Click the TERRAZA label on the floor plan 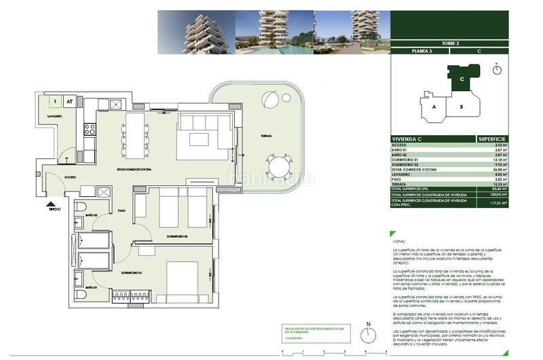(265, 136)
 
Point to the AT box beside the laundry (69, 101)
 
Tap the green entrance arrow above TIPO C (50, 202)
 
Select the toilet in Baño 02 (79, 207)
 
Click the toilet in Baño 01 (79, 276)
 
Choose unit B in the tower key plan (461, 107)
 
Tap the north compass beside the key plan (498, 69)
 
